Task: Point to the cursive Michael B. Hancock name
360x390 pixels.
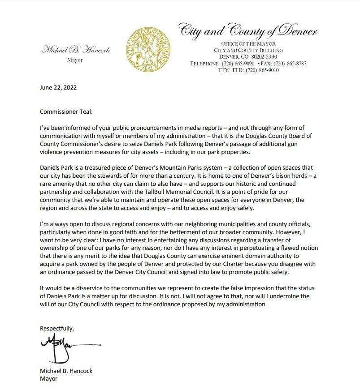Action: coord(76,50)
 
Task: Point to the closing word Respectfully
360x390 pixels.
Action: coord(56,328)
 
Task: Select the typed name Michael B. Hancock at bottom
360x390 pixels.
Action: coord(66,371)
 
